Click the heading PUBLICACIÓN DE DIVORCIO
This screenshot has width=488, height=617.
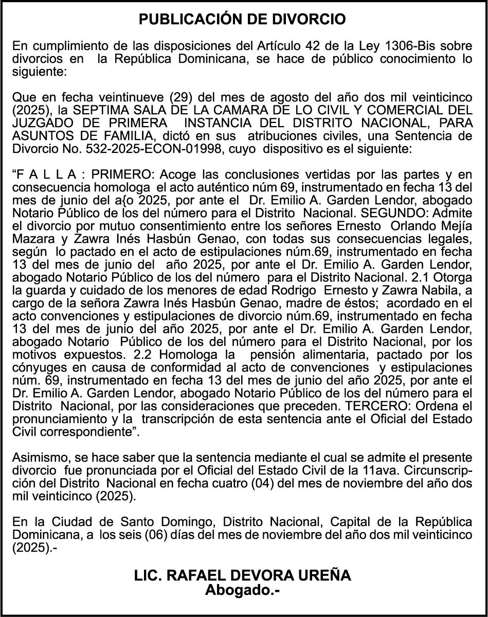click(243, 20)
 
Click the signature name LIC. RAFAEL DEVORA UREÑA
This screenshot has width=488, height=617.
click(243, 575)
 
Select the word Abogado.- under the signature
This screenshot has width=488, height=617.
click(243, 590)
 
